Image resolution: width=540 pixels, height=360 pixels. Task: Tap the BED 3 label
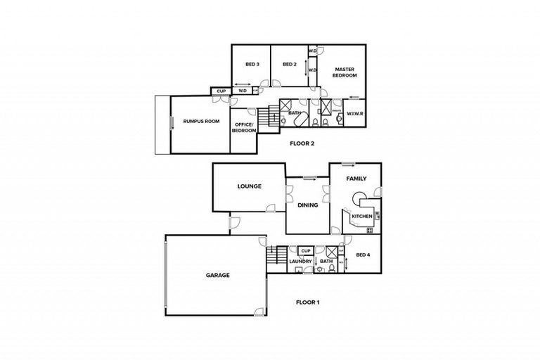252,65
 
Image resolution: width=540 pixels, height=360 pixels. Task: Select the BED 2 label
288,65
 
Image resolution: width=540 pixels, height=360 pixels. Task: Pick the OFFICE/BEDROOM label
244,127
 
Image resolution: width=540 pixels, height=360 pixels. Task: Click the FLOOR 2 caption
302,143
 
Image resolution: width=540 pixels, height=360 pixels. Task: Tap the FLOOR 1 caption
307,302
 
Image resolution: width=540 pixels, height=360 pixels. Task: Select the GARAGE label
217,275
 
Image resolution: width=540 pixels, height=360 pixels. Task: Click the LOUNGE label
250,186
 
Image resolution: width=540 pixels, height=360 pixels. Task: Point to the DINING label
308,205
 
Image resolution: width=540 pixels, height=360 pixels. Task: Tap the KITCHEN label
361,216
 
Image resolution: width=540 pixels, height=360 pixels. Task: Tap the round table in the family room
359,198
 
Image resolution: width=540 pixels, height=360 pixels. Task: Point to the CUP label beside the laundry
305,250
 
